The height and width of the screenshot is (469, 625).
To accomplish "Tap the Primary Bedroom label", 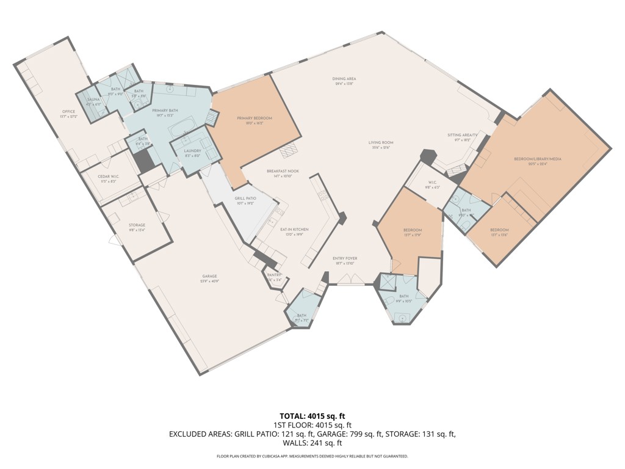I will click(x=255, y=118).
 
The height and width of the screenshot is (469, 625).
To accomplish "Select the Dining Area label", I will click(x=344, y=79).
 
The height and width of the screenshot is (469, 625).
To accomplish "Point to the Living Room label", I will click(x=379, y=143).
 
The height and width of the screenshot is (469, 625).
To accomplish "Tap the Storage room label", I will click(x=137, y=225).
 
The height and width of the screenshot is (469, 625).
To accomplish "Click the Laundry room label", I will click(x=193, y=150).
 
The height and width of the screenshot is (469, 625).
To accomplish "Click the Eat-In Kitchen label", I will click(x=294, y=229).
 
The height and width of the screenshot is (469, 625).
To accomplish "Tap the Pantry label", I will click(x=273, y=275).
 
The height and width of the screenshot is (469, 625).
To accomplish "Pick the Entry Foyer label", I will click(x=345, y=258).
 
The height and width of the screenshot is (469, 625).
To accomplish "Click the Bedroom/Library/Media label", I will click(x=537, y=159).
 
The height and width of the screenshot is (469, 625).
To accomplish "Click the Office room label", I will click(x=68, y=111).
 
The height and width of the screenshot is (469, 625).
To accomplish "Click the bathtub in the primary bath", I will click(x=181, y=130).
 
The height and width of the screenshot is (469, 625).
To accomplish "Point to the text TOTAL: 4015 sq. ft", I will click(x=312, y=416).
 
